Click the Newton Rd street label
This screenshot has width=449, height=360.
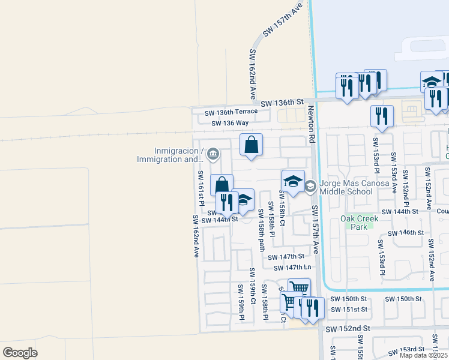click(x=311, y=125)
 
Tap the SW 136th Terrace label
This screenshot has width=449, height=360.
click(x=231, y=112)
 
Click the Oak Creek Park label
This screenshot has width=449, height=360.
click(x=360, y=223)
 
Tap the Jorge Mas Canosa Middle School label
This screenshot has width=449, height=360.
click(x=346, y=187)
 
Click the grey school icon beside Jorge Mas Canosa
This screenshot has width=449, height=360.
click(x=310, y=187)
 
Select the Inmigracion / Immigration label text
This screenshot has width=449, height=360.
click(x=170, y=155)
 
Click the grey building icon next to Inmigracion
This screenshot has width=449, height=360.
click(x=212, y=155)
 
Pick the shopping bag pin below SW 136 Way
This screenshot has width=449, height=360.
click(x=251, y=145)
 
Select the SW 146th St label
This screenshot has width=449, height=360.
click(x=406, y=233)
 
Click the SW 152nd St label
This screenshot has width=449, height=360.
click(x=348, y=329)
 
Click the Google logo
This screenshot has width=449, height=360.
click(x=20, y=352)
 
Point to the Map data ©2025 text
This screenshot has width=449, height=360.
click(x=423, y=355)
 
